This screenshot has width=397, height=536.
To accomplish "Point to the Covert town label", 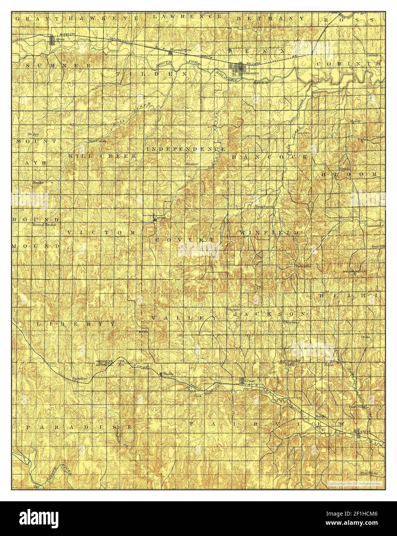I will [159, 217].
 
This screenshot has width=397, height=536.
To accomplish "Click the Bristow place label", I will [192, 164].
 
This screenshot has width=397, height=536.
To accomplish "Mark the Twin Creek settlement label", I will [265, 207].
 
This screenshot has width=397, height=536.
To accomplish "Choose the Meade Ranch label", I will [354, 271].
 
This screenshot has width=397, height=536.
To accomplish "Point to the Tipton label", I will [363, 139].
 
